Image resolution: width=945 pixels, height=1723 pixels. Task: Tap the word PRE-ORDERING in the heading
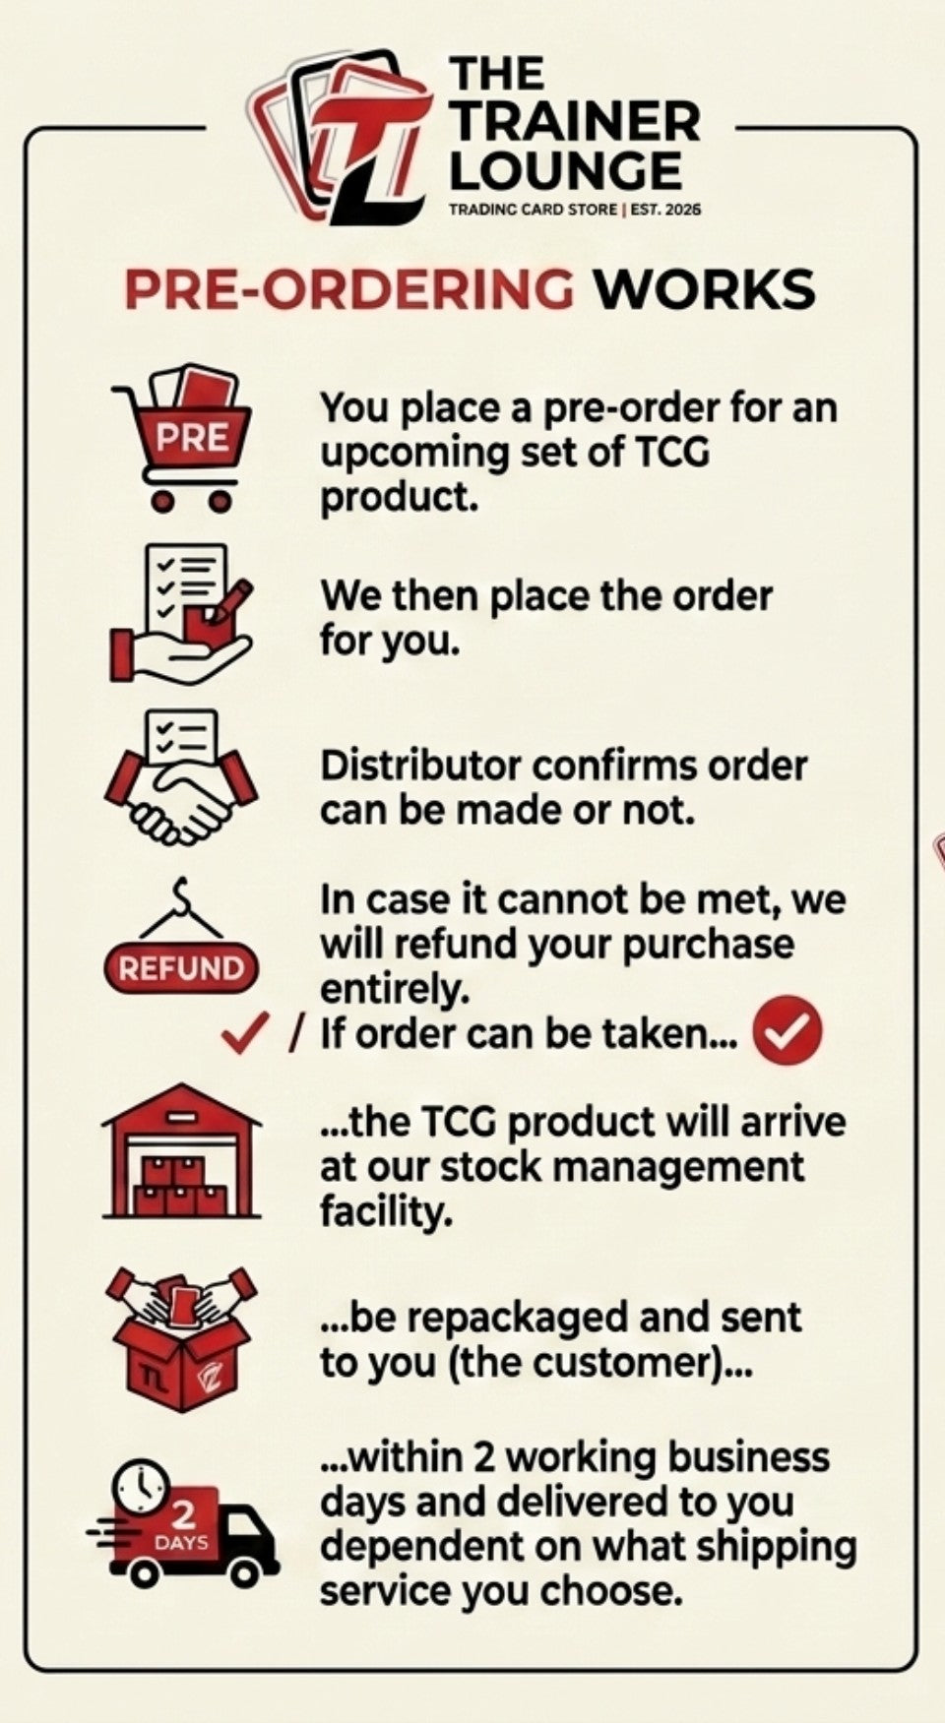click(349, 289)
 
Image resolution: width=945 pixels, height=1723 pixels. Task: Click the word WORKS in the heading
click(704, 289)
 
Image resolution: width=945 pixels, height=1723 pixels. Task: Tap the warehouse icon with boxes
click(182, 1152)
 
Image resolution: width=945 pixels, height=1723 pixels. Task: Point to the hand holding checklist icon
click(181, 612)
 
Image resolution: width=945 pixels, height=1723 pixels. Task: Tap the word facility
click(386, 1211)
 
